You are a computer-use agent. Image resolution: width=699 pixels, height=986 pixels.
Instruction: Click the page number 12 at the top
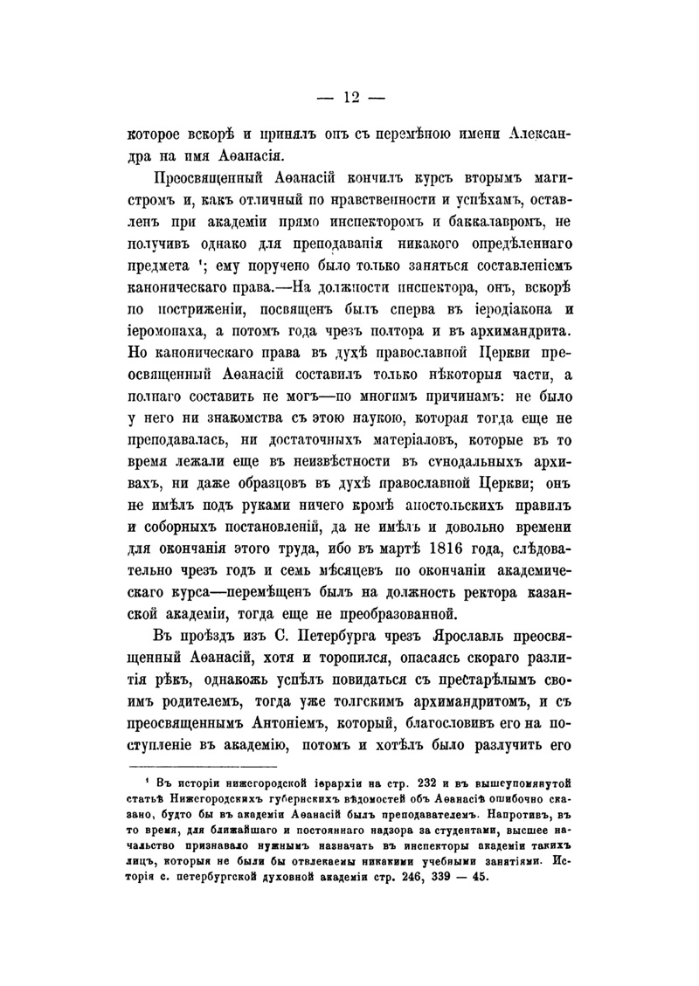coord(349,97)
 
